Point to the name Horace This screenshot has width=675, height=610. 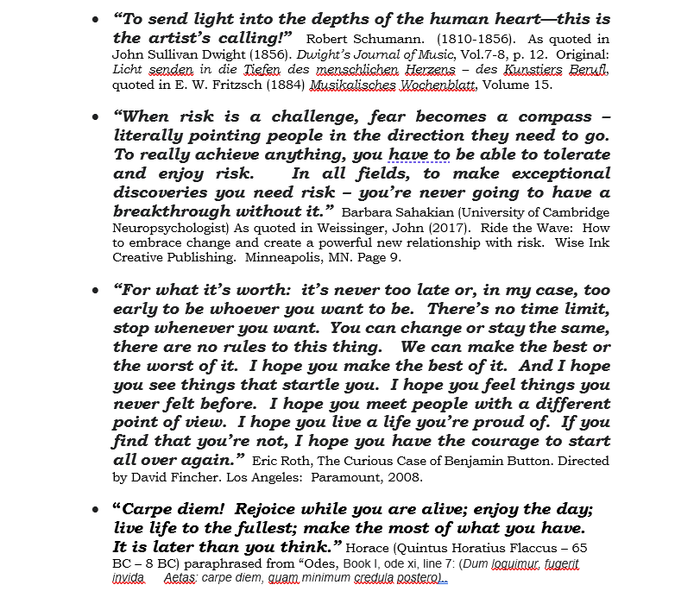[x=371, y=547]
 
